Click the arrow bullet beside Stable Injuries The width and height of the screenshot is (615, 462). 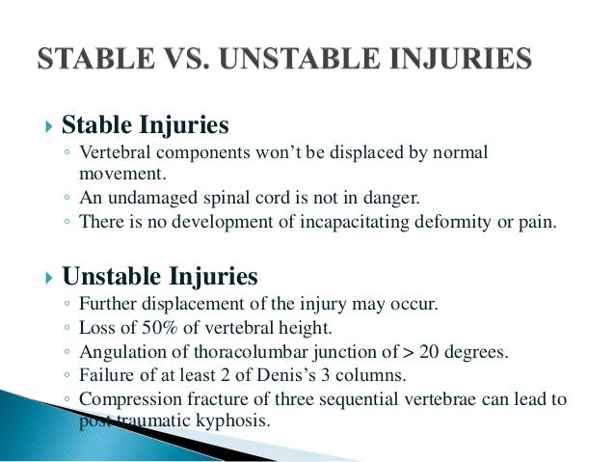[x=51, y=126]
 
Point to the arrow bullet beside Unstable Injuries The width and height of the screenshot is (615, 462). [x=51, y=278]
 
